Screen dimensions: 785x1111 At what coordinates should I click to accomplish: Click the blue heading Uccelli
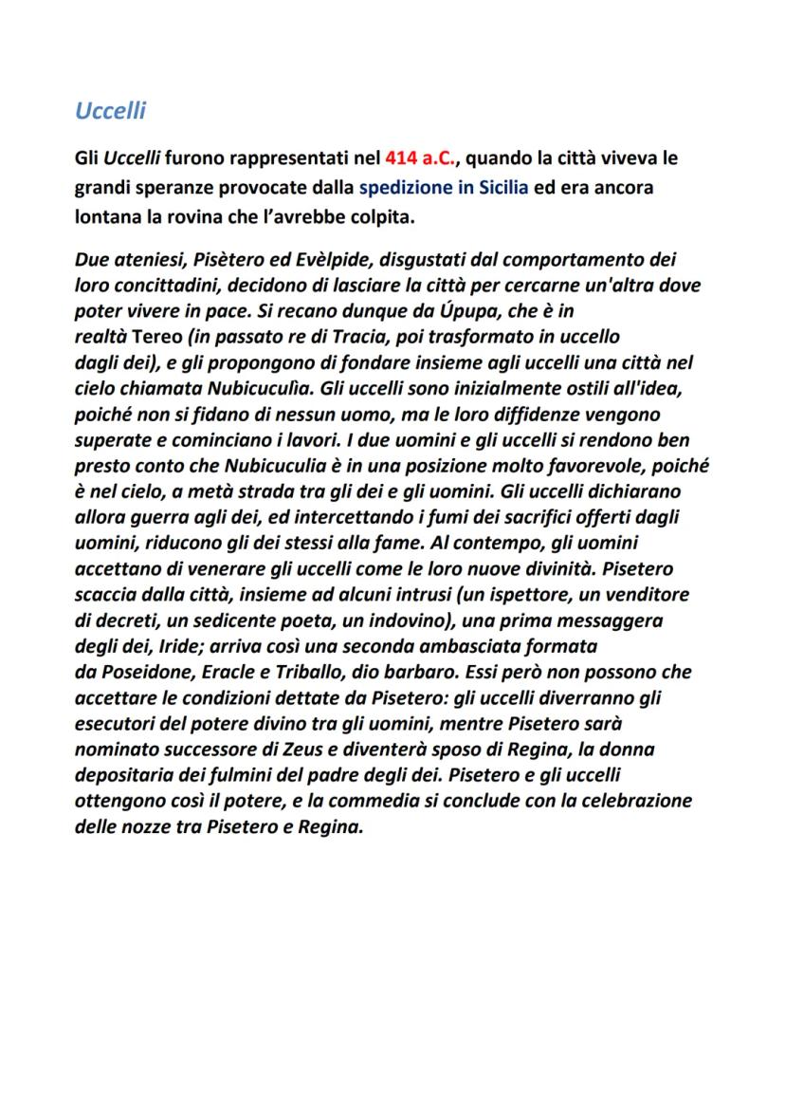[110, 111]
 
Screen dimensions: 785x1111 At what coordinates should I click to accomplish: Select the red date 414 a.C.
[421, 157]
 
